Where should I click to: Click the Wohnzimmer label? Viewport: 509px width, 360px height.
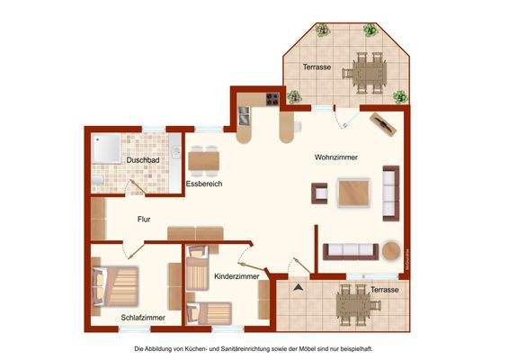click(336, 157)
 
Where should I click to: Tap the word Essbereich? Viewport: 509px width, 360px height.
click(204, 184)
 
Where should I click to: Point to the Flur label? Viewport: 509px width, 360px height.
click(144, 219)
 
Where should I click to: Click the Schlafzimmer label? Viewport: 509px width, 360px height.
click(143, 318)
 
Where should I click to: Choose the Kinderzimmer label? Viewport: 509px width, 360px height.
click(237, 276)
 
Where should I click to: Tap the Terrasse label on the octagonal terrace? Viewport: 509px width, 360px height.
click(317, 67)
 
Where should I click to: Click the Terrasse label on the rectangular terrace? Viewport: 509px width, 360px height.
click(384, 290)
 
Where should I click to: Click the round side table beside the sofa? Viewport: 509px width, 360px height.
click(391, 250)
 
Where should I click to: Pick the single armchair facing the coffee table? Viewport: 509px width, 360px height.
click(319, 193)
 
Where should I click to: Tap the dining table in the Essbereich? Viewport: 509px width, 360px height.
click(203, 159)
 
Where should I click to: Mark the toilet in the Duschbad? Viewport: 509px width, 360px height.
click(96, 183)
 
